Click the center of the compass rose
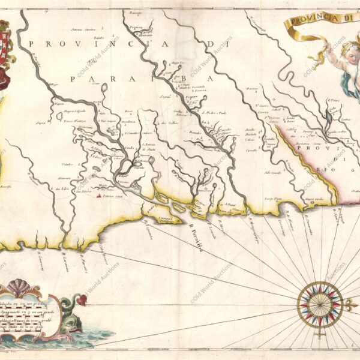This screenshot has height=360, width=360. pyautogui.click(x=320, y=304)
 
